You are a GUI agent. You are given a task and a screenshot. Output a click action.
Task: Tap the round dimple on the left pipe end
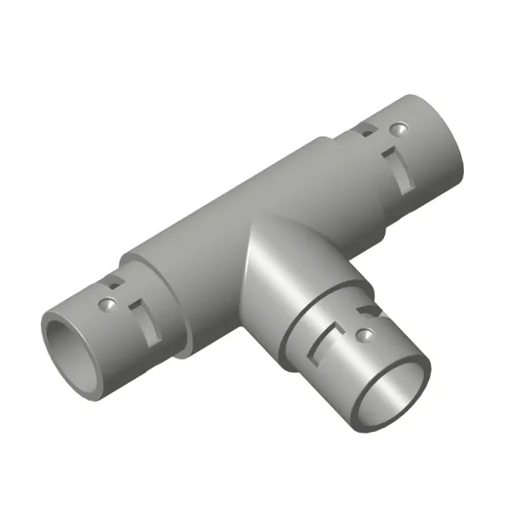107,304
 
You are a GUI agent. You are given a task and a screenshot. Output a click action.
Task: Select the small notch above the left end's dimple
113,283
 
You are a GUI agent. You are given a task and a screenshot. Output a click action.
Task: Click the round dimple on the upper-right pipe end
401,129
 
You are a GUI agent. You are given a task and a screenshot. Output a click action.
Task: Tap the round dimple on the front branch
362,334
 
